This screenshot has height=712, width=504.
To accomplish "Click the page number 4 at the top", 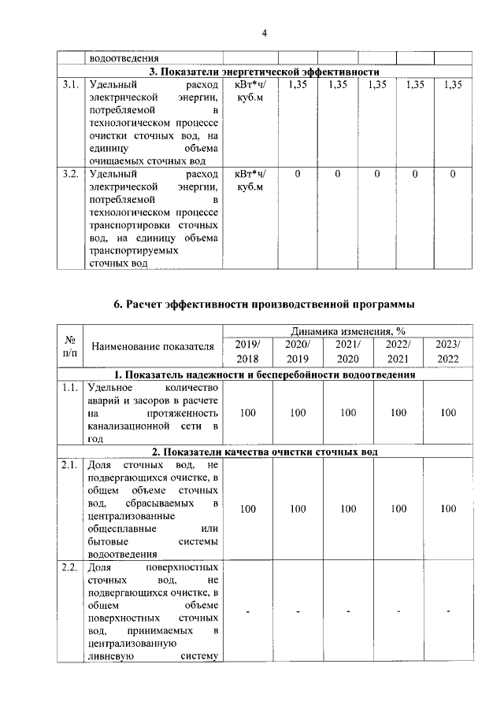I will tap(265, 32).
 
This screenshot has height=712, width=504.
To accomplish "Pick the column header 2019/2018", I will tap(248, 352).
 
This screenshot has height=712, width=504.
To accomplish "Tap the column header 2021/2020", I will tap(347, 352).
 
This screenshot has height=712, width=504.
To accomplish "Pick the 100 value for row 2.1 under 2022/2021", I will tap(398, 509).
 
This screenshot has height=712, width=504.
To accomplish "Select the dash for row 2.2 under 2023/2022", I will tap(448, 612).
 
